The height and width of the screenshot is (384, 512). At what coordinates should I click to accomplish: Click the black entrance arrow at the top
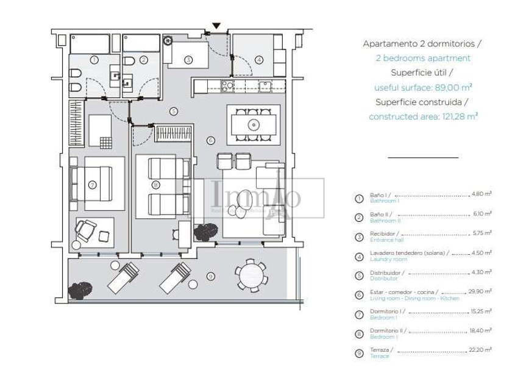(x=216, y=26)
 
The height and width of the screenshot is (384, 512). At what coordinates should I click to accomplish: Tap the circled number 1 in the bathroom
(x=94, y=60)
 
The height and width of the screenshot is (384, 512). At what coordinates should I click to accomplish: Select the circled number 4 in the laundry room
(x=259, y=60)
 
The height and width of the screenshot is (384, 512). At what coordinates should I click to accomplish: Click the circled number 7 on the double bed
(x=93, y=184)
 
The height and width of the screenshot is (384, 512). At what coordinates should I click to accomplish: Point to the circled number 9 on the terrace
(x=210, y=276)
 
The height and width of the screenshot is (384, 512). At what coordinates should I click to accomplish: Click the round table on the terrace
(x=251, y=276)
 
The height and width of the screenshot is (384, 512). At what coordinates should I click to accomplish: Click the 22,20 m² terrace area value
(x=481, y=350)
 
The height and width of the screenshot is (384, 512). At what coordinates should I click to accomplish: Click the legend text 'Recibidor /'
(x=384, y=233)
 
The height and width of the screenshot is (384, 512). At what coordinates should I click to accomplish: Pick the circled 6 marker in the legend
(x=359, y=295)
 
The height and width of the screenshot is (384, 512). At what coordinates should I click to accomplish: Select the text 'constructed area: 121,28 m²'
(x=423, y=116)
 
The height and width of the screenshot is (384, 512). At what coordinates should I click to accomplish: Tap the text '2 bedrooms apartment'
(x=423, y=59)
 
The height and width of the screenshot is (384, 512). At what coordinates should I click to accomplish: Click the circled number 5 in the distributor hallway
(x=174, y=111)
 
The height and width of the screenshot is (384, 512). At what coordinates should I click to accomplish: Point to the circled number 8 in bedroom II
(x=156, y=184)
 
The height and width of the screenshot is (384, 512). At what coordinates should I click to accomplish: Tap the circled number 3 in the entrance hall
(x=189, y=60)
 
